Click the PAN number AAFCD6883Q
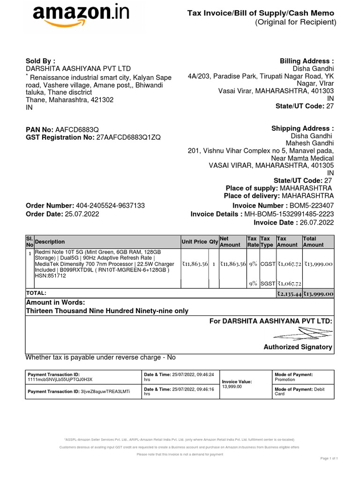77,129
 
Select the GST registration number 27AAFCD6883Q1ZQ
128,137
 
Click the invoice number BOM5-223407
312,206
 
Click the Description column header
50,242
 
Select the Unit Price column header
194,242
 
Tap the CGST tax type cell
268,264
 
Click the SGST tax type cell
268,284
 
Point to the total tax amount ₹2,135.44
289,294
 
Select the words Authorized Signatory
298,347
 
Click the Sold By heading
40,61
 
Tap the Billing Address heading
307,61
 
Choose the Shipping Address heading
303,128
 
